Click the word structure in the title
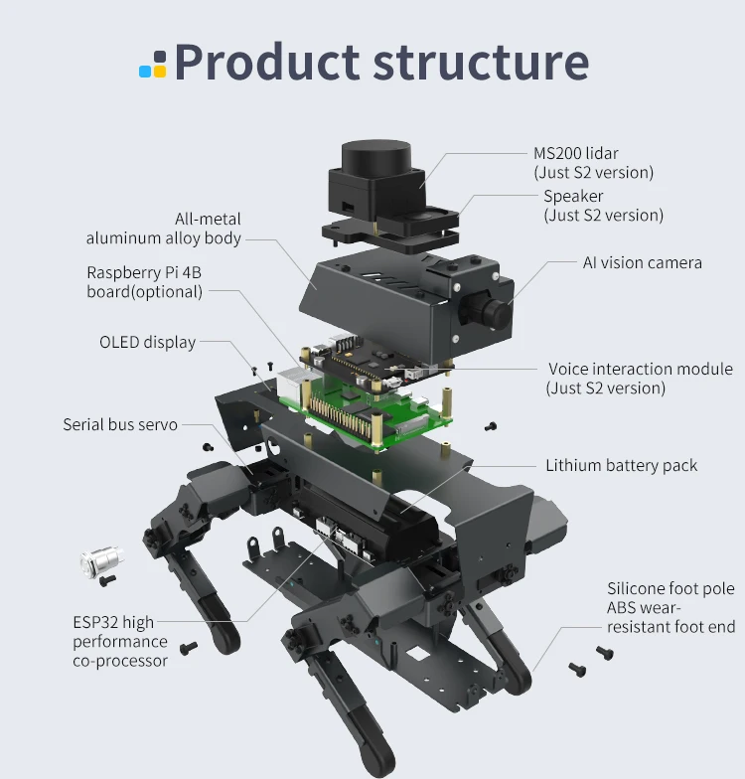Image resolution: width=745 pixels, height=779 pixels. [x=481, y=62]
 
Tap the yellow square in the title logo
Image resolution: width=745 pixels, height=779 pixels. [x=159, y=72]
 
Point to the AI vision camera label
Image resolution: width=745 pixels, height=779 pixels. [x=642, y=263]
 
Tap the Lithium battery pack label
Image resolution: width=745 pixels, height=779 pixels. [x=621, y=465]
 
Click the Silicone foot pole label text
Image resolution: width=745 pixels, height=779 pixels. [x=670, y=588]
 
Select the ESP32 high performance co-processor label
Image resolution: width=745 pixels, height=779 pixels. [x=120, y=641]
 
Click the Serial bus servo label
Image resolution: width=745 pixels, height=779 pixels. [x=120, y=424]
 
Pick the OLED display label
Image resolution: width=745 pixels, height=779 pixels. [x=147, y=342]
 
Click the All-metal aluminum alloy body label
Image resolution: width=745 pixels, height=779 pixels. [x=164, y=229]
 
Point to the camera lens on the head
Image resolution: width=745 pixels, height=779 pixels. [x=497, y=311]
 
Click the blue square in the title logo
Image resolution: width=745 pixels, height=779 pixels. [x=146, y=72]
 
